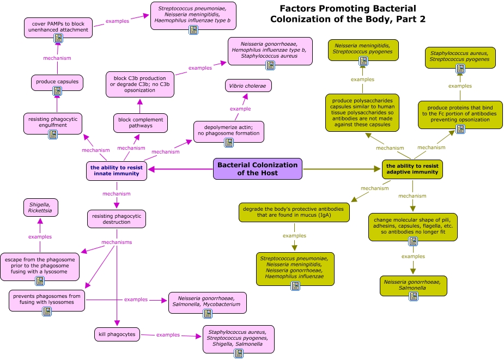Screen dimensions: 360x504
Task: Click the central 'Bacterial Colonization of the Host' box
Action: tap(257, 169)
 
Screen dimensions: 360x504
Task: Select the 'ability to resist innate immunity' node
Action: tap(117, 171)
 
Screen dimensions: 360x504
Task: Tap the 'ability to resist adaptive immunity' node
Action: tap(412, 169)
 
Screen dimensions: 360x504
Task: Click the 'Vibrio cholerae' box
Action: tap(248, 86)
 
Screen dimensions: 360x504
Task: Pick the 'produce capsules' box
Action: tap(57, 82)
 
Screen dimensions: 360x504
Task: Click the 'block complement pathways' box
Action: tap(140, 123)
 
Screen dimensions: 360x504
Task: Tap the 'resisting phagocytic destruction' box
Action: tap(117, 219)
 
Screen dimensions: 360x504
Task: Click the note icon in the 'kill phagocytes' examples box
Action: tap(238, 353)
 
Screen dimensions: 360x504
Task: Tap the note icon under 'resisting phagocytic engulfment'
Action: tap(53, 135)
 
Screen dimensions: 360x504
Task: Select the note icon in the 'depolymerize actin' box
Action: tap(229, 143)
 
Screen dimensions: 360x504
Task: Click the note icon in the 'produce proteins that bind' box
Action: tap(460, 129)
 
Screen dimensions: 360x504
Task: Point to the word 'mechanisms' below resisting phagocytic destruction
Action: tap(117, 242)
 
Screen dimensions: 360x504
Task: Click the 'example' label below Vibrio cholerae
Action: tap(240, 108)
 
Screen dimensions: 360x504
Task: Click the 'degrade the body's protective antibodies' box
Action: tap(293, 212)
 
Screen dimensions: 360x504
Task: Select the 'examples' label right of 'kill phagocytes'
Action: tap(168, 334)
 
